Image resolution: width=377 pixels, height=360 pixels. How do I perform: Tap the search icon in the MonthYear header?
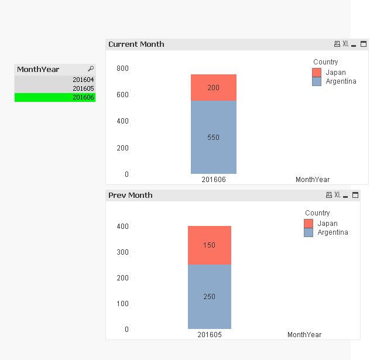[x=91, y=69]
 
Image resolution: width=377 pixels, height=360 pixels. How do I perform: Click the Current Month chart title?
[x=136, y=44]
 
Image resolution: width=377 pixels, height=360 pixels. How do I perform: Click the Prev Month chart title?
[x=131, y=196]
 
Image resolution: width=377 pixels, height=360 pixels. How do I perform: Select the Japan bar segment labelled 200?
[x=213, y=88]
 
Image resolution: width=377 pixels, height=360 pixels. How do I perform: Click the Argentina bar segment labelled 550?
[x=213, y=138]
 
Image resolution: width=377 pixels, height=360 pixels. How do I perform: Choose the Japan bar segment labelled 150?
[x=210, y=245]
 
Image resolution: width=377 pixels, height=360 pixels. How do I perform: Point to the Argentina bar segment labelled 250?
[x=210, y=297]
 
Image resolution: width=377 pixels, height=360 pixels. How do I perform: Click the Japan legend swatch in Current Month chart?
[x=317, y=73]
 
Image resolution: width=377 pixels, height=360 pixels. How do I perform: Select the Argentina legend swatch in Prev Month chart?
[x=309, y=232]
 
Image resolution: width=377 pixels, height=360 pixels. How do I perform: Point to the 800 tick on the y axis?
[x=122, y=68]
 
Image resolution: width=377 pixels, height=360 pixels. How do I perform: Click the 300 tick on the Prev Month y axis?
[x=122, y=252]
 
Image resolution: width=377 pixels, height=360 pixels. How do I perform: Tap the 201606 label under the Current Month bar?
[x=214, y=180]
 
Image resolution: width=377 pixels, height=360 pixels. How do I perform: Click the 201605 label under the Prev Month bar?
[x=210, y=335]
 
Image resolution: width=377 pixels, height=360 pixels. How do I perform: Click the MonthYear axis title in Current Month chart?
[x=313, y=180]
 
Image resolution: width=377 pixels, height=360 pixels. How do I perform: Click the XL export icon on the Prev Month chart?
[x=338, y=195]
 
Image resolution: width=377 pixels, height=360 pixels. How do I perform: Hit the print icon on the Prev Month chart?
[x=329, y=195]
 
